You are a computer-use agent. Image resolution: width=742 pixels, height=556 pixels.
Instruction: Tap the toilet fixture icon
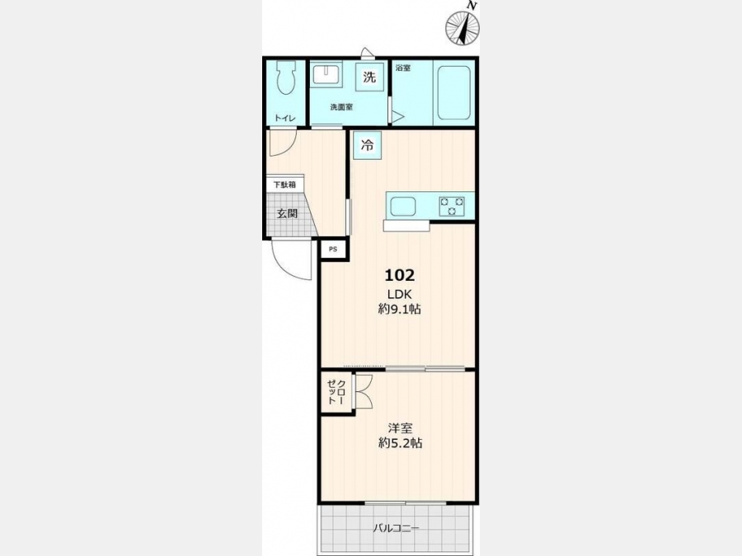click(x=285, y=77)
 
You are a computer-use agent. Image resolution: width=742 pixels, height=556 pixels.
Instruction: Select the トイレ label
click(x=285, y=118)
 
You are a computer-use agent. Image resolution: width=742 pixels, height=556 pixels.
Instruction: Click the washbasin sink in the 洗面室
click(x=326, y=75)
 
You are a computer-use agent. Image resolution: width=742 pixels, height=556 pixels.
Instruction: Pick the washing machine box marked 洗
click(x=369, y=77)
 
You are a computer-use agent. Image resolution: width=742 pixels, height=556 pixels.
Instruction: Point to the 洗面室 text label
click(x=341, y=107)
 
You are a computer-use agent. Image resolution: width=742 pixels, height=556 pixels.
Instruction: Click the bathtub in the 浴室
click(x=453, y=92)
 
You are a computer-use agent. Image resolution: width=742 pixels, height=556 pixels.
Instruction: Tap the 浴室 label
click(x=402, y=68)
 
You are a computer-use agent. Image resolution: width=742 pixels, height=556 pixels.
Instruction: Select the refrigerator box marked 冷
click(x=367, y=145)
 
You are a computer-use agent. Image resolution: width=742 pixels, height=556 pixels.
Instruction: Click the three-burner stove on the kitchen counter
click(x=452, y=207)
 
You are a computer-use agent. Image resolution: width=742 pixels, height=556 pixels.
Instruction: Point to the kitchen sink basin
click(x=402, y=207)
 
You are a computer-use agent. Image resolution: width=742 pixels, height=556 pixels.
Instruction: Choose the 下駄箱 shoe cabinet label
click(x=284, y=185)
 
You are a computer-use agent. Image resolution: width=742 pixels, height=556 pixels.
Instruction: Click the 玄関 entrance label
click(x=287, y=213)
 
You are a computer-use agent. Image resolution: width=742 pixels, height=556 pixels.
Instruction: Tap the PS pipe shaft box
click(x=334, y=249)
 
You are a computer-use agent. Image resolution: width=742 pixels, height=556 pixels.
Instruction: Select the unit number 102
click(x=399, y=274)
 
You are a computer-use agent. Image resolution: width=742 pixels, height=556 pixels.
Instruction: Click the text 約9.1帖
click(x=399, y=309)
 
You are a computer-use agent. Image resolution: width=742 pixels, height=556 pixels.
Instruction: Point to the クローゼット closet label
click(x=337, y=392)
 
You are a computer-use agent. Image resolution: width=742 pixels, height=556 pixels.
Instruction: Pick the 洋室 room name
click(x=400, y=428)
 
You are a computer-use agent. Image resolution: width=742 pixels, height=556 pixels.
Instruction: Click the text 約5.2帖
click(x=400, y=443)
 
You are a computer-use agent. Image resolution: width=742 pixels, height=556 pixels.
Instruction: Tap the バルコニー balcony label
click(x=396, y=528)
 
